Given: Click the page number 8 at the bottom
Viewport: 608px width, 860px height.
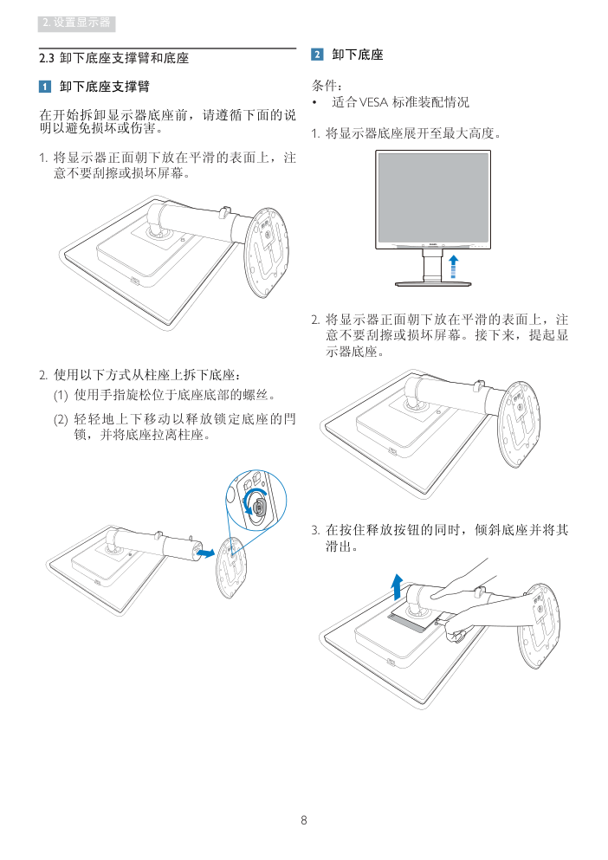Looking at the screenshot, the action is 303,820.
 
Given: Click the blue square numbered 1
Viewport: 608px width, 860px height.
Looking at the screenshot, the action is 45,87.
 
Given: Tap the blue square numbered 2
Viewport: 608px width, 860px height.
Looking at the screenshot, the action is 317,55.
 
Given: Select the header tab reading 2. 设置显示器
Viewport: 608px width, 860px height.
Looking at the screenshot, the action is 77,23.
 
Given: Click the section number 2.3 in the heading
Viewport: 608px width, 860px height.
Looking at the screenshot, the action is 47,58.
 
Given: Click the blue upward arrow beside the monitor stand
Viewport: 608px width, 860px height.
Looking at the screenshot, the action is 453,266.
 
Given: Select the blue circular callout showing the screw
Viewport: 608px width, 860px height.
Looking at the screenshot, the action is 256,501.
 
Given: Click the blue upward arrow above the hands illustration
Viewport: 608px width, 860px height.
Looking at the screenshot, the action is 398,586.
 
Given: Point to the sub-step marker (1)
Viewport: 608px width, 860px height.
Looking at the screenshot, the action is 61,395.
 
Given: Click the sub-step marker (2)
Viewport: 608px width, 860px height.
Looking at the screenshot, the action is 61,419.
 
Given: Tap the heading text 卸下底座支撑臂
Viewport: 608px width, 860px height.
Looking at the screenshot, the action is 104,87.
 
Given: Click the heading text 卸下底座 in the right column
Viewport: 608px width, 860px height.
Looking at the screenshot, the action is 357,55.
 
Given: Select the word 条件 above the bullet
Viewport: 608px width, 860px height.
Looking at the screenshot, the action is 324,86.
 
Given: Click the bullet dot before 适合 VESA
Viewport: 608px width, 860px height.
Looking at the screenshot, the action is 315,102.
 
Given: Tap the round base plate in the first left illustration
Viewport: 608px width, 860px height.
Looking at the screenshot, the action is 267,252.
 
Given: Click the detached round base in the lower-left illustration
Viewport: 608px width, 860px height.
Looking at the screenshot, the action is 230,567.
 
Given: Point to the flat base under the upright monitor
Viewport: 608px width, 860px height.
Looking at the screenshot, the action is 433,283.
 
